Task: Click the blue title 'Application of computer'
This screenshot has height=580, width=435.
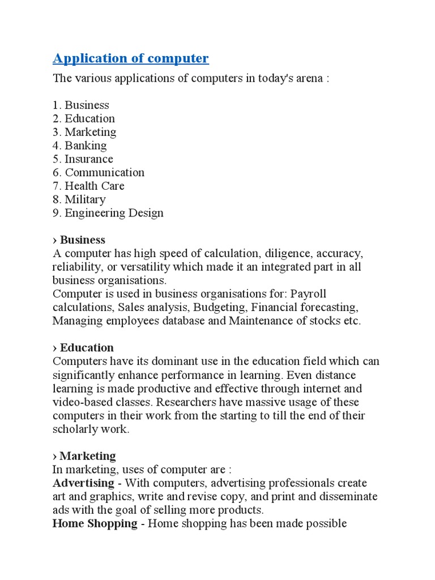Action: tap(131, 58)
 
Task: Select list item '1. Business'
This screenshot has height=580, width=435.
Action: tap(81, 105)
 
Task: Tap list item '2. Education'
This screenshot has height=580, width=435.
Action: tap(84, 118)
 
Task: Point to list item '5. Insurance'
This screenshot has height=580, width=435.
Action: tap(83, 159)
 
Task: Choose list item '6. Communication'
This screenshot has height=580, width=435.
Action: tap(99, 173)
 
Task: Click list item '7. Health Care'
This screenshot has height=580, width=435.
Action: tap(88, 186)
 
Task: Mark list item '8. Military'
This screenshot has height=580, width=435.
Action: tap(79, 200)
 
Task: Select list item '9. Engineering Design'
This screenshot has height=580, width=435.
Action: tap(108, 214)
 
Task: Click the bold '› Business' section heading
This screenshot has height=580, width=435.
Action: tap(79, 240)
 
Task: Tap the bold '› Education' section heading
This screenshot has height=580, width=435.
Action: tap(83, 348)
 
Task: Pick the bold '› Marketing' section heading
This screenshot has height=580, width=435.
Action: tap(84, 456)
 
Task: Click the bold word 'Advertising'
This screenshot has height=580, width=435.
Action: tap(83, 483)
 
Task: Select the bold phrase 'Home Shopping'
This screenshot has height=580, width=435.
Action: tap(95, 523)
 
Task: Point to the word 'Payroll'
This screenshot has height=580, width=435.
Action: tap(309, 294)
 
